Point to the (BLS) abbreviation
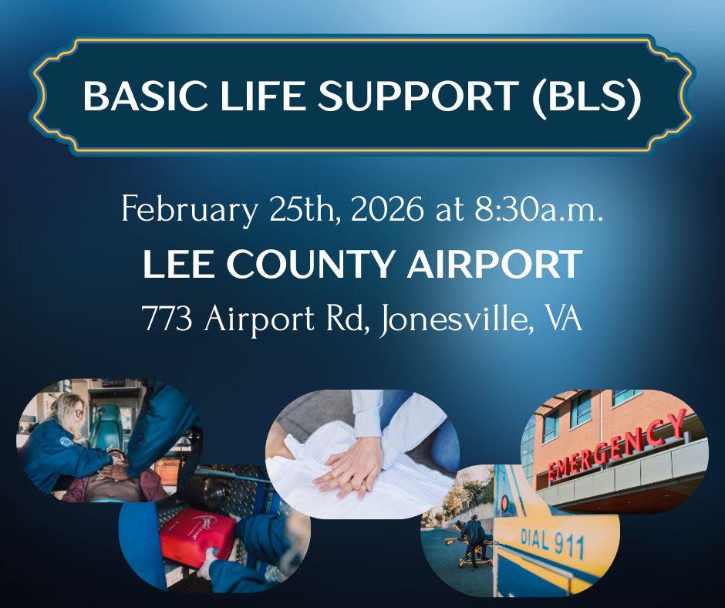586,96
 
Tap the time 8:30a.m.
538,210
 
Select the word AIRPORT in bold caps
494,264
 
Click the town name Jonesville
455,319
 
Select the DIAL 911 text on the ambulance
553,543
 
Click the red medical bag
198,537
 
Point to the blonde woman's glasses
78,412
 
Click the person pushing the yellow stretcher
473,538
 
